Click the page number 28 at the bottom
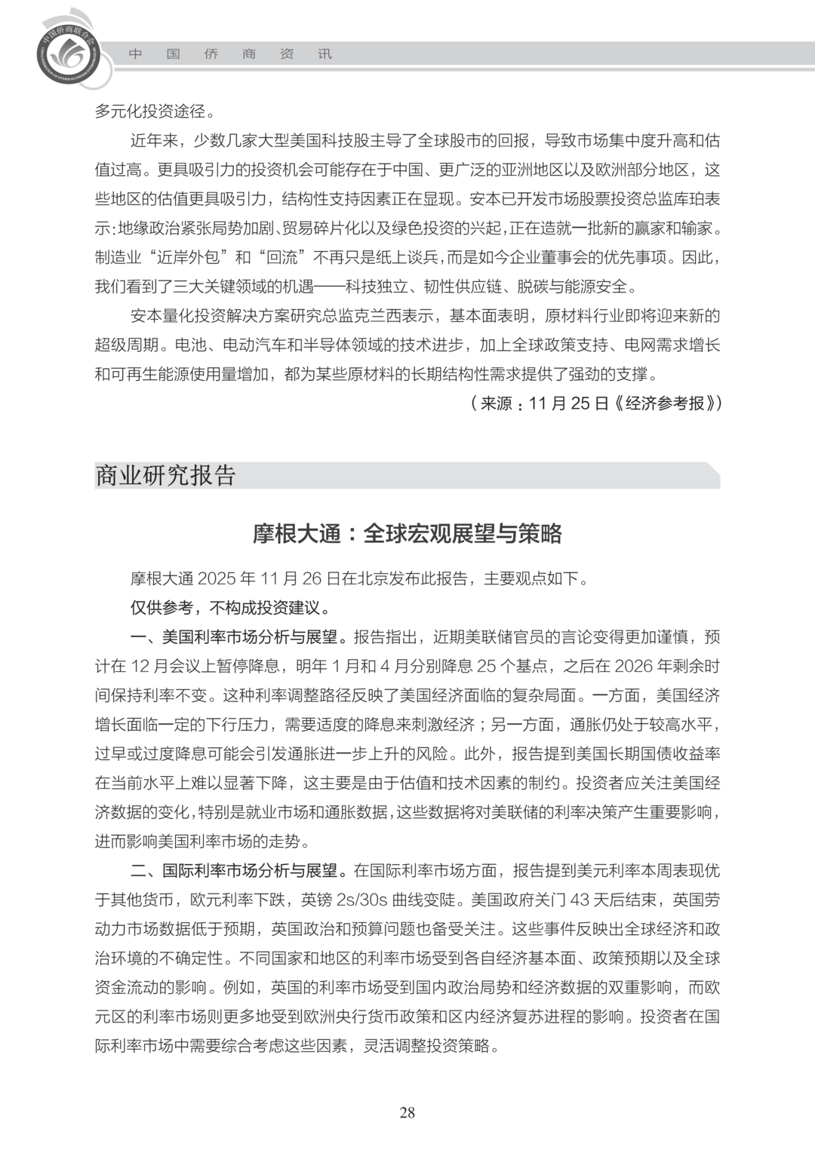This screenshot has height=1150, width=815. pos(407,1113)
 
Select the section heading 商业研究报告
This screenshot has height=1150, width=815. pos(166,476)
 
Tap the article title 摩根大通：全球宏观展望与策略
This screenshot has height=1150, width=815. pos(407,534)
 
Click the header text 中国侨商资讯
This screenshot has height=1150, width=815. pos(230,54)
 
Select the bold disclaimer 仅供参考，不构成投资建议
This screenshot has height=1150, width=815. pos(230,608)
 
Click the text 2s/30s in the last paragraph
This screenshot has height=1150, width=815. pos(365,900)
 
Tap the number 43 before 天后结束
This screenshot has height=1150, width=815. pos(580,900)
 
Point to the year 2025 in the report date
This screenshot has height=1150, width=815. pos(217,579)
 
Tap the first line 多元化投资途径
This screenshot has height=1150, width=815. pos(155,112)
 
